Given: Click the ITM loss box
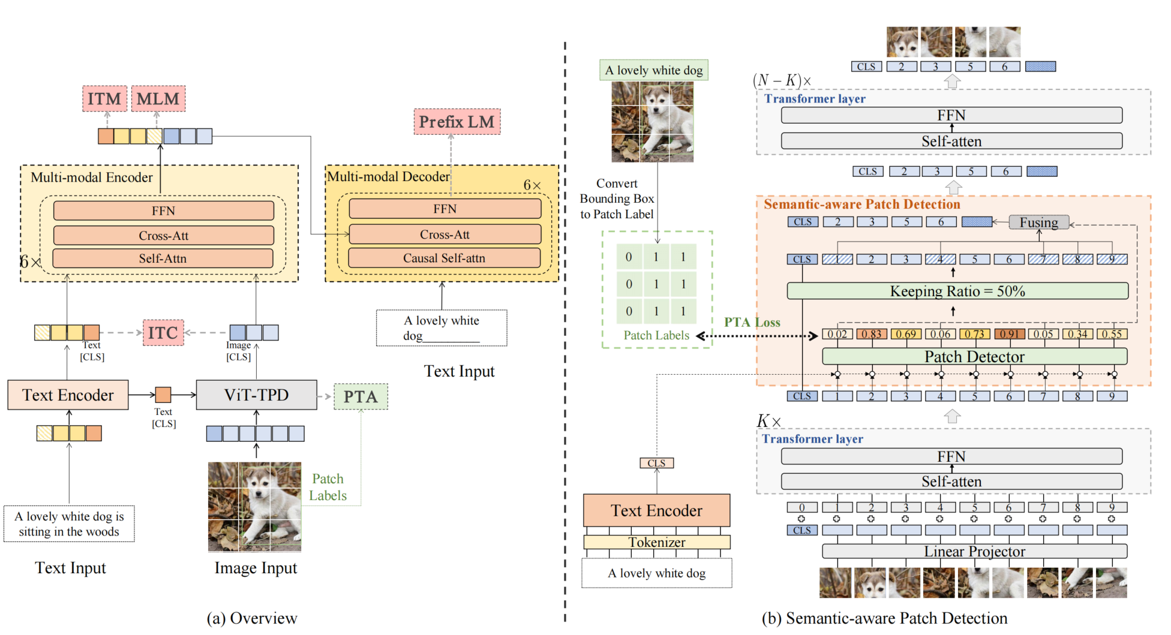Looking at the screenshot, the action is click(x=104, y=98).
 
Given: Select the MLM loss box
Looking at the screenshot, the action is click(x=158, y=98).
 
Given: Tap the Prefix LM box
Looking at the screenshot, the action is click(x=457, y=122).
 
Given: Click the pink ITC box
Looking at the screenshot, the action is click(x=163, y=333).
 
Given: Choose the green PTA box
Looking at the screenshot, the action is click(x=361, y=396).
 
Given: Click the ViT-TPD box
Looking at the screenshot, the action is click(x=257, y=395).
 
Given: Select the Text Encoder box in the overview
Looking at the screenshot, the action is click(x=68, y=395).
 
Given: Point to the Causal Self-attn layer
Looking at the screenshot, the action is click(x=445, y=258).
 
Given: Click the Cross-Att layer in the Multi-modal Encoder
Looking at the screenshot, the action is click(x=163, y=235).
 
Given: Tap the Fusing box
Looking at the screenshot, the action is click(x=1039, y=222).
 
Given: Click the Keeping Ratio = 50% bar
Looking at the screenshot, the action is click(x=957, y=291).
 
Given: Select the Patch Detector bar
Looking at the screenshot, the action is click(x=974, y=356).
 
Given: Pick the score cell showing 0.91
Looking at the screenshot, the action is click(x=1010, y=334).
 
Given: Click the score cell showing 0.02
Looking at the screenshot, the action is click(x=837, y=334).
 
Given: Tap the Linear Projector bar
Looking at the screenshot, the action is click(x=974, y=551).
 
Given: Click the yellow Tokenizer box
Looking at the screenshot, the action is click(x=657, y=542).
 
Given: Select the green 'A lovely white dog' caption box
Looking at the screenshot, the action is click(x=654, y=70).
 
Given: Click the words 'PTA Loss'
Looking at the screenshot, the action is click(x=752, y=322).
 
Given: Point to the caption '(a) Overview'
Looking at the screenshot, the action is click(x=252, y=618).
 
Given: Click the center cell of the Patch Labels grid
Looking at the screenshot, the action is click(x=656, y=284).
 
